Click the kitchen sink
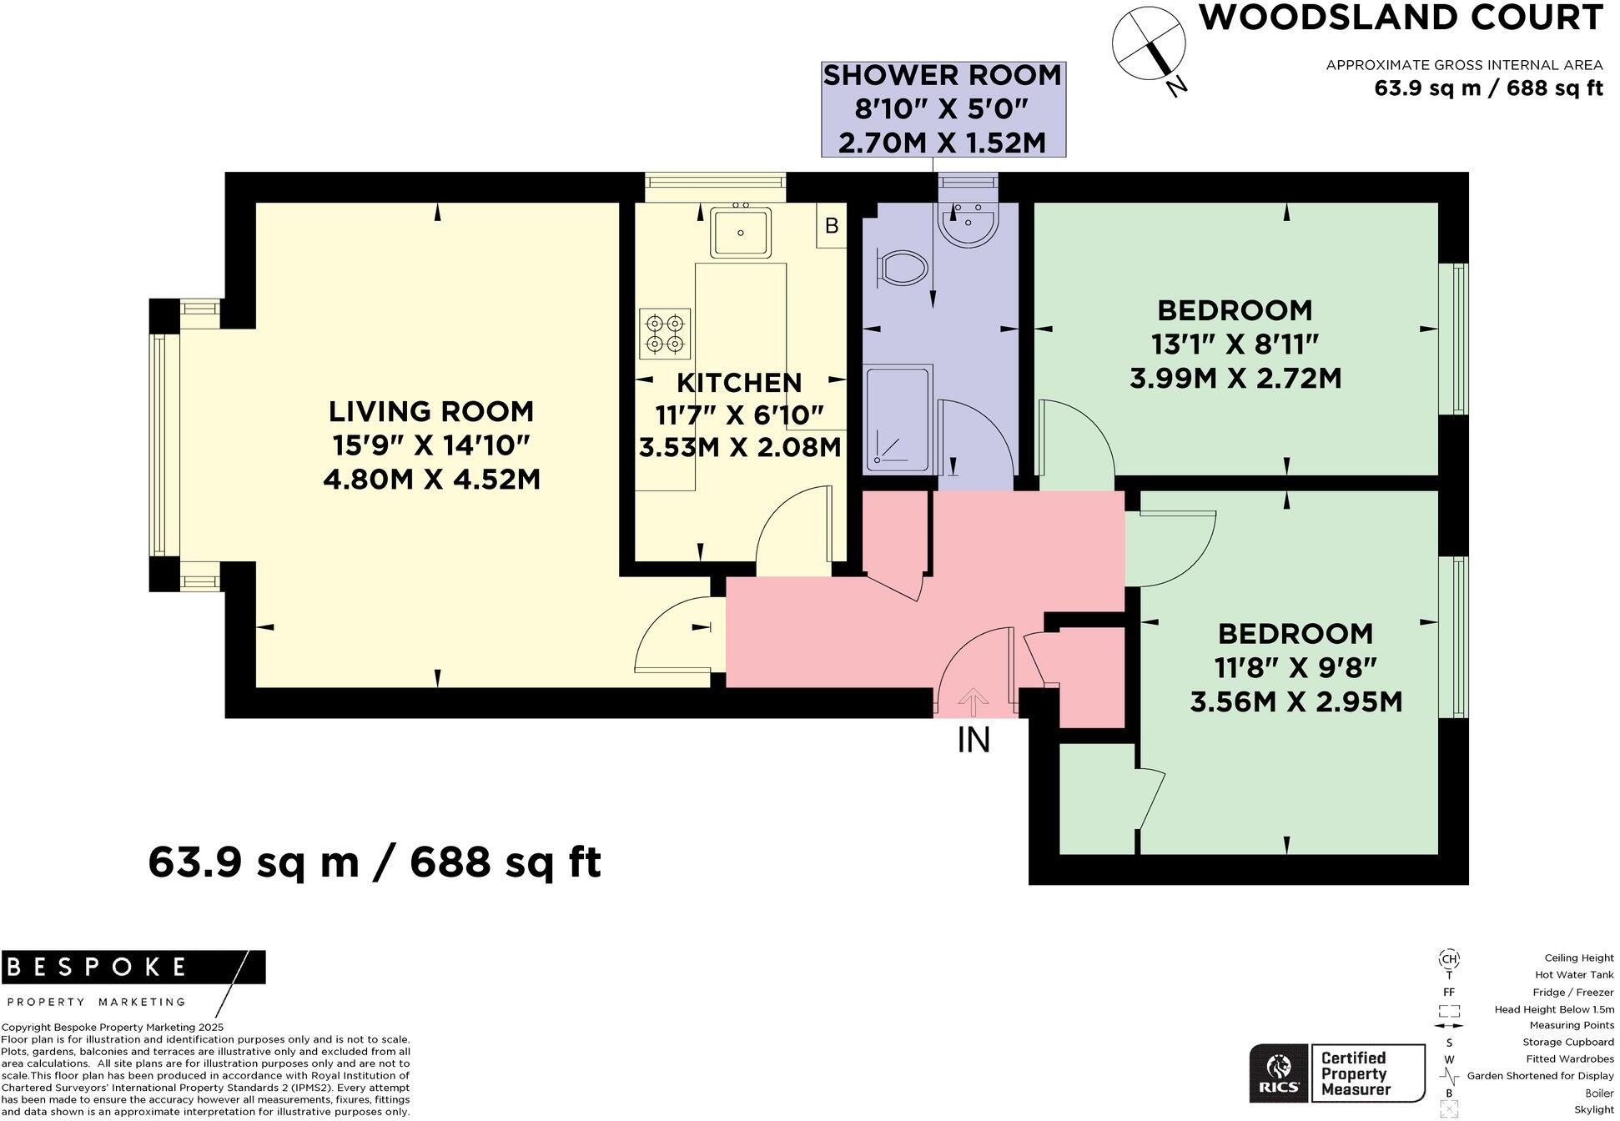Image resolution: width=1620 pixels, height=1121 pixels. click(740, 233)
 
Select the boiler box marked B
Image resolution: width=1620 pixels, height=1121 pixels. click(831, 226)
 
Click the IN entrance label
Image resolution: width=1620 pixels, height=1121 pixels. click(974, 740)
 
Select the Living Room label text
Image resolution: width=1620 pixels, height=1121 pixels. click(430, 411)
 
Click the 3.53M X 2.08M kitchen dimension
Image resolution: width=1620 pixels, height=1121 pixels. click(739, 448)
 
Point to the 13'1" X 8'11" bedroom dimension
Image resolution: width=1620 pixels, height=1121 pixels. click(1235, 344)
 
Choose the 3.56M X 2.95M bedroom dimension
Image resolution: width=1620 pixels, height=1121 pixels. click(1295, 701)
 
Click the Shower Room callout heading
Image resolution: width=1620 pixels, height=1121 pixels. click(942, 76)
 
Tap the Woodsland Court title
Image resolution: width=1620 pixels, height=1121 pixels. click(1400, 18)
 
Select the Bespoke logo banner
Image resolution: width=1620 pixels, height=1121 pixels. click(133, 968)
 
